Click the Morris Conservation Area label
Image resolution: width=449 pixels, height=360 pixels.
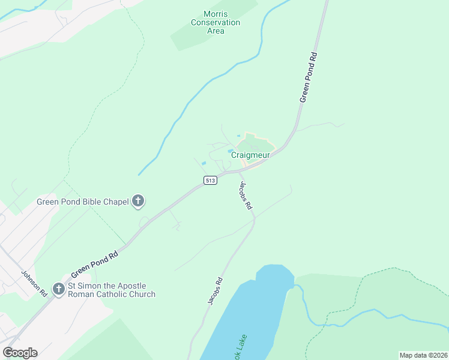tap(215, 23)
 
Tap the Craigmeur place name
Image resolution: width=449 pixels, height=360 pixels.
tap(249, 155)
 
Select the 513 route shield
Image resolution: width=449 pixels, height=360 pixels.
tap(210, 181)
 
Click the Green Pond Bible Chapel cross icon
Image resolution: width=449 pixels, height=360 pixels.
tap(138, 202)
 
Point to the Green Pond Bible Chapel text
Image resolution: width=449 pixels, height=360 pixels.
tap(83, 202)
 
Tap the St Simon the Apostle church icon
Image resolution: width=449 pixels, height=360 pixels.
tap(59, 290)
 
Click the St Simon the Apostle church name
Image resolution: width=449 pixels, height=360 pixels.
tap(112, 290)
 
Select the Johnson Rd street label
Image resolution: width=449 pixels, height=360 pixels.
tap(34, 284)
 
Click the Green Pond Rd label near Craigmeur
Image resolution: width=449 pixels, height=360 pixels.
tap(309, 77)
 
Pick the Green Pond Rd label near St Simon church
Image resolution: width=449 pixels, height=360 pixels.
tap(95, 263)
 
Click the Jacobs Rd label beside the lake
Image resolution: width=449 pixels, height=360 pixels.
tap(215, 291)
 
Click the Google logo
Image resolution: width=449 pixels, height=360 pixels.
tap(20, 353)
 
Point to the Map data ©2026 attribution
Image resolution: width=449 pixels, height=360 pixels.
tap(423, 355)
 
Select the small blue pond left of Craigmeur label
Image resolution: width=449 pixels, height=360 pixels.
tap(203, 163)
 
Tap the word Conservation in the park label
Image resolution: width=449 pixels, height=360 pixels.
tap(215, 23)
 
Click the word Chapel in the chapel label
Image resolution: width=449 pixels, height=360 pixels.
tap(116, 202)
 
